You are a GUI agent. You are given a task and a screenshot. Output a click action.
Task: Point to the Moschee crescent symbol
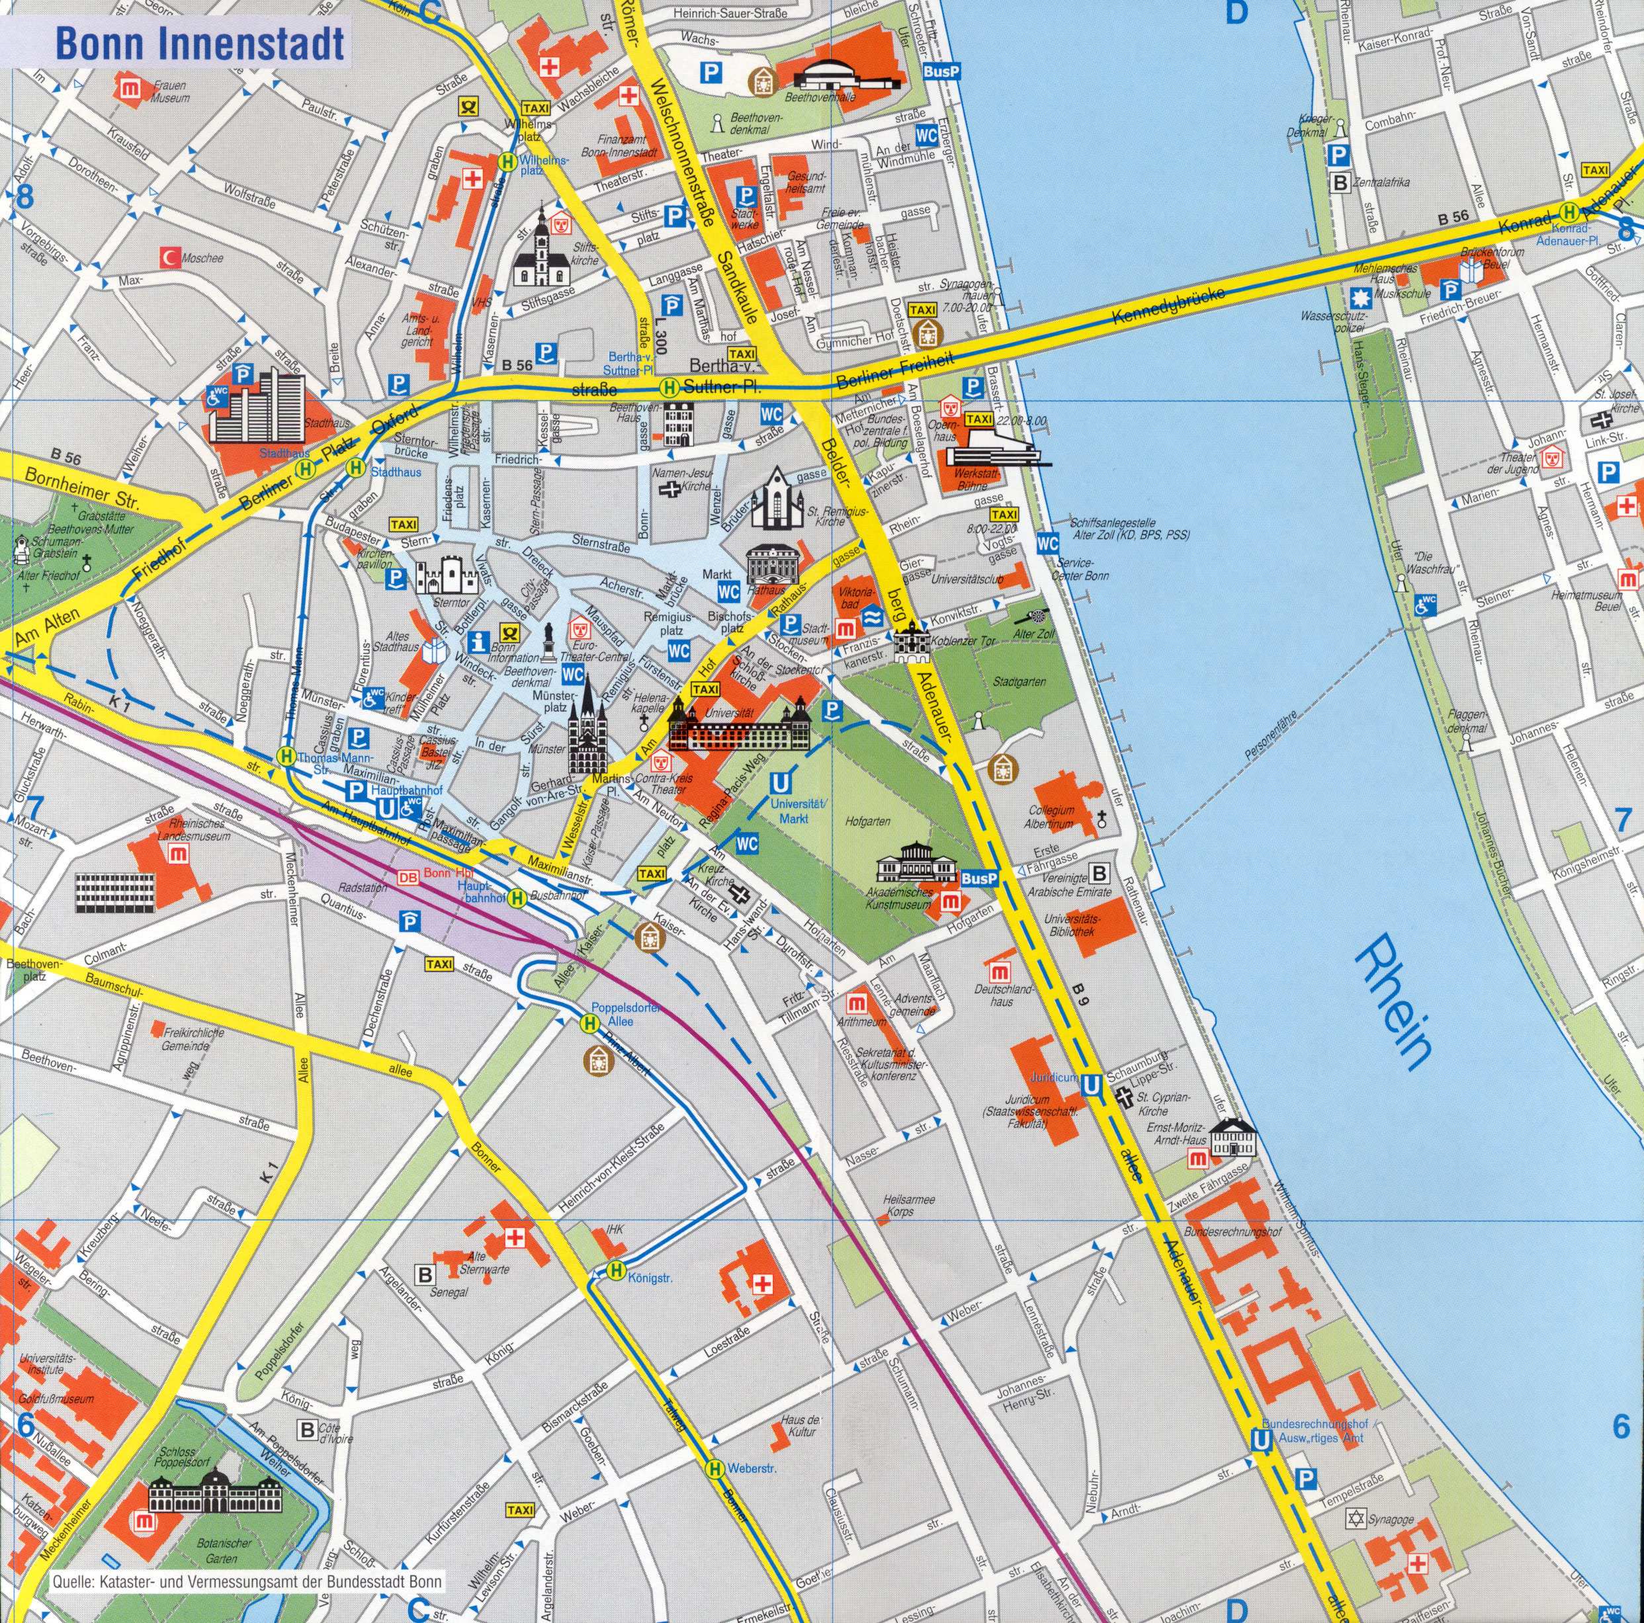(169, 256)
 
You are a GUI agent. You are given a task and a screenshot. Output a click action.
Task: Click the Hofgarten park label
(869, 823)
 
